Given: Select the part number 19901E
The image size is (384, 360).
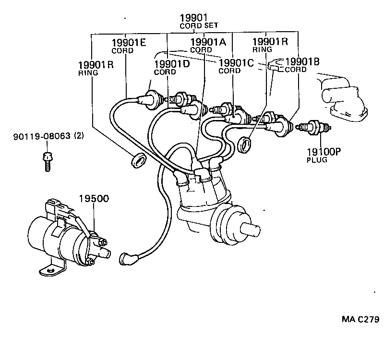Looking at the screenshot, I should click(128, 42).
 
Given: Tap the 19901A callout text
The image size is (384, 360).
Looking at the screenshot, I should click(208, 42).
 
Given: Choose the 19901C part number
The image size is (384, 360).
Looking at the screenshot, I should click(236, 63).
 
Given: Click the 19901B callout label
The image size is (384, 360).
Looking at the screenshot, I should click(302, 61).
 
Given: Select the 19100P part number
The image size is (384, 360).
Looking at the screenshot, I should click(324, 152).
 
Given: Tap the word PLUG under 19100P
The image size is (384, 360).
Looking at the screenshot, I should click(317, 160).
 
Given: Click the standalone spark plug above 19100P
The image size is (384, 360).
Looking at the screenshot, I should click(314, 127).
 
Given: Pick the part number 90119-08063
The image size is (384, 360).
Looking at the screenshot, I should click(40, 136).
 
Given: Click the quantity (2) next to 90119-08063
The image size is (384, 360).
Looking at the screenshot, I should click(78, 136).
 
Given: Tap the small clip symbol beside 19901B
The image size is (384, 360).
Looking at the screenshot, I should click(275, 64).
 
